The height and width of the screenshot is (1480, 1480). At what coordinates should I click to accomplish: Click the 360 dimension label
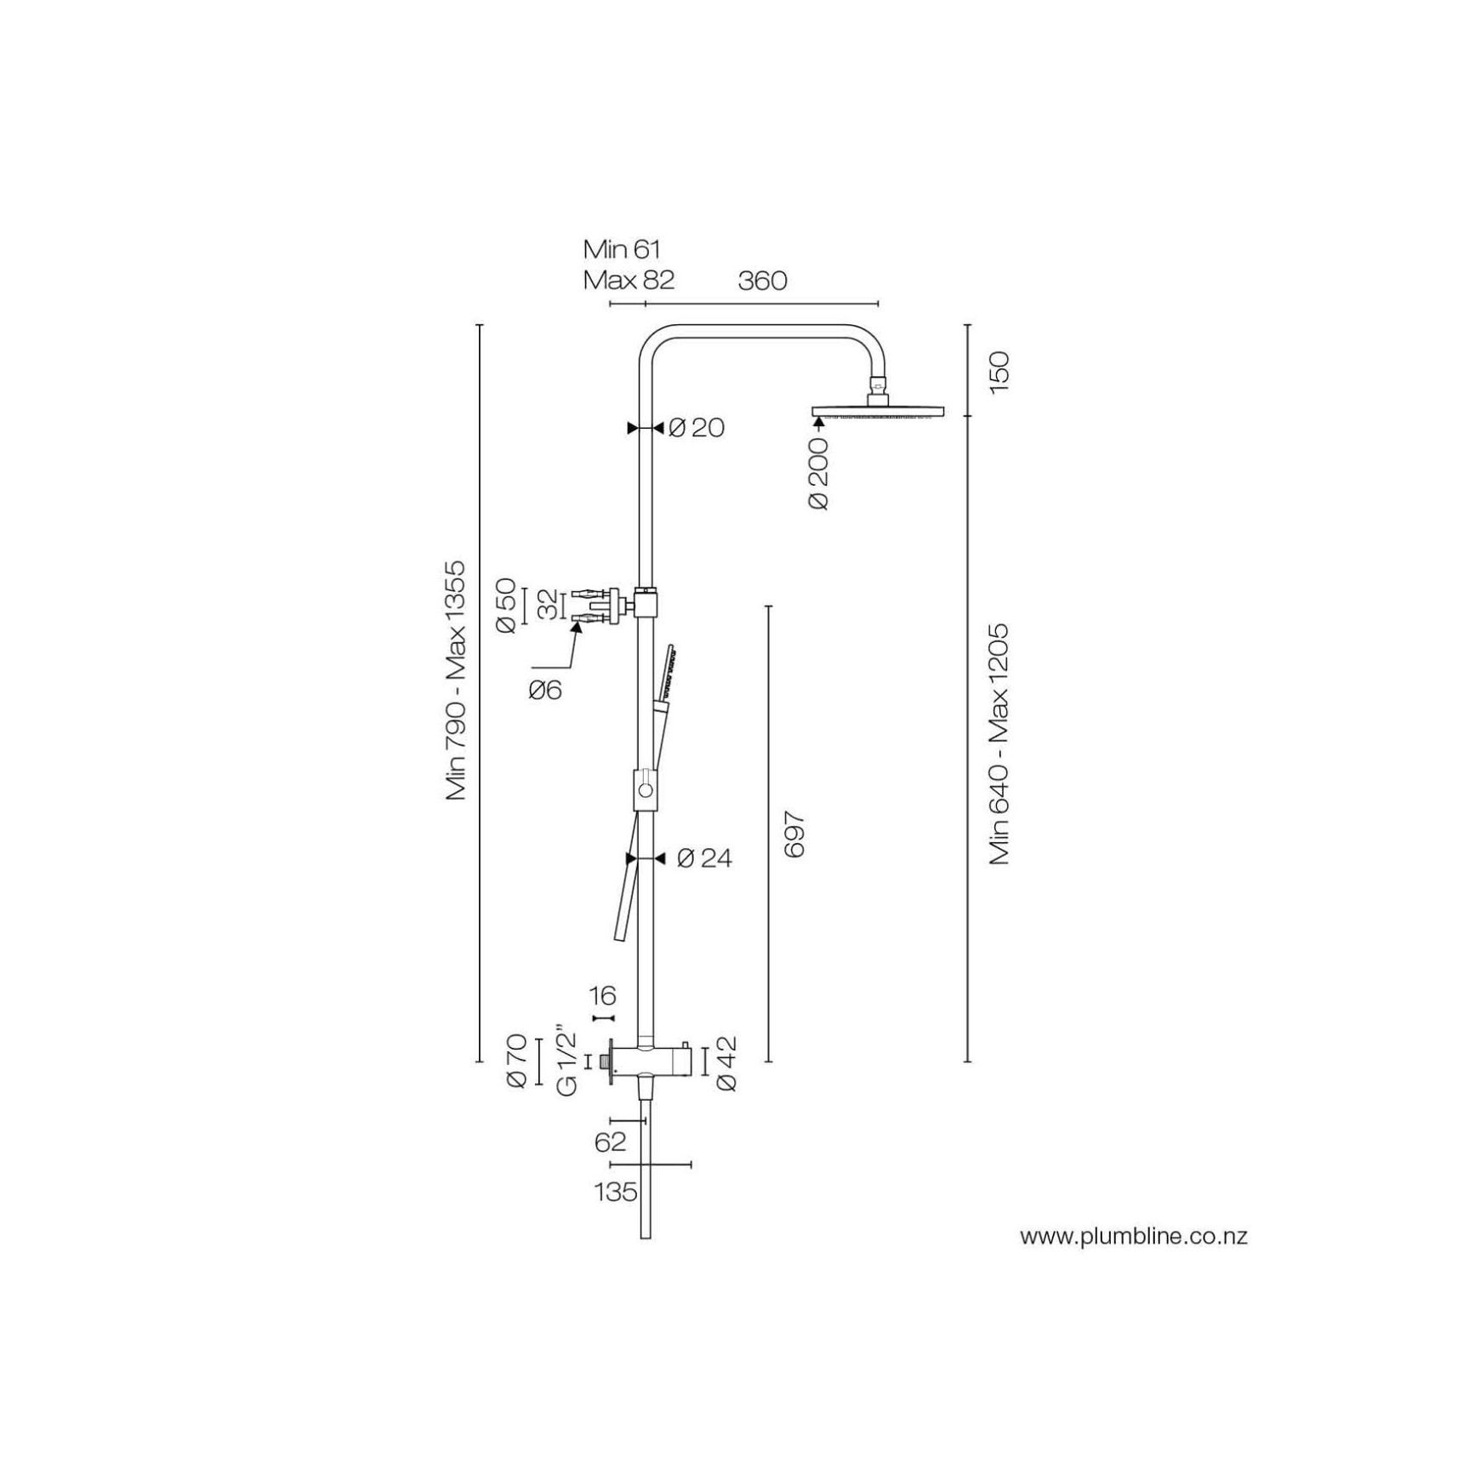pos(762,280)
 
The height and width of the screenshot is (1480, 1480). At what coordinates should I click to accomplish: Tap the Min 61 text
pos(622,249)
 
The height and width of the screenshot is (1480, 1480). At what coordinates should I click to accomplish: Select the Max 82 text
pos(629,280)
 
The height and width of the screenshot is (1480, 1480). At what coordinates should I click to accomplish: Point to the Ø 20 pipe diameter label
pos(696,427)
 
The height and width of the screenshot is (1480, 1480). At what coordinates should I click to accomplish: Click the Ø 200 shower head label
pos(819,474)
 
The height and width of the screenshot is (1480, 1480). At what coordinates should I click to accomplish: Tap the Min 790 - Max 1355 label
pos(456,680)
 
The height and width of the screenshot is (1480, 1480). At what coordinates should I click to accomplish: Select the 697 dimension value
pos(794,834)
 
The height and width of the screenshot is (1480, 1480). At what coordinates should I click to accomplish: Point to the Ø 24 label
pos(704,858)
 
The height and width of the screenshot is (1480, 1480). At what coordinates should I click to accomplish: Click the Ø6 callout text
pos(545,689)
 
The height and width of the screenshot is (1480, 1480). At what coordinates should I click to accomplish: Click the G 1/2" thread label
pos(568,1062)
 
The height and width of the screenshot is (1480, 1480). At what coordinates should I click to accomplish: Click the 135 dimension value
pos(616,1192)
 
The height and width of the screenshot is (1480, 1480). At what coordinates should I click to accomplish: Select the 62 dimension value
pos(610,1142)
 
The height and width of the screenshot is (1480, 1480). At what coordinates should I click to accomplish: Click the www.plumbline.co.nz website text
pos(1134,1236)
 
